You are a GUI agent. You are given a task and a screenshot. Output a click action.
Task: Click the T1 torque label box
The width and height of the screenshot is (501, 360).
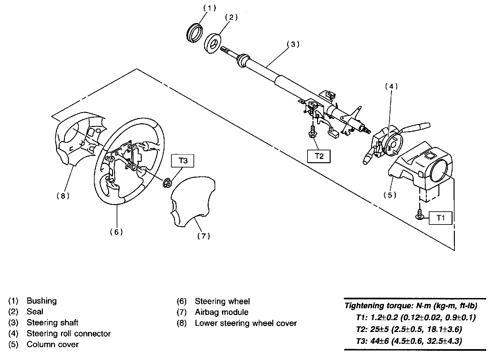[440, 218]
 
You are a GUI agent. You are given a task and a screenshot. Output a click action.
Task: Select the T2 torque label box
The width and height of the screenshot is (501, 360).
[318, 156]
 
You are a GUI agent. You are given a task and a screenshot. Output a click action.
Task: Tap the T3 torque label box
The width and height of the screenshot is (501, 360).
[183, 161]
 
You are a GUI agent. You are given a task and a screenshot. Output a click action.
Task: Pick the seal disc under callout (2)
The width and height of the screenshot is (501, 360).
[212, 43]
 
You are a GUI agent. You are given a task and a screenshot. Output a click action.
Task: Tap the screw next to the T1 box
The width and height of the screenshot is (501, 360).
[420, 215]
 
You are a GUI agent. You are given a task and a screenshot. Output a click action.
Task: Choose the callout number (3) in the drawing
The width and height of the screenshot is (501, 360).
[293, 44]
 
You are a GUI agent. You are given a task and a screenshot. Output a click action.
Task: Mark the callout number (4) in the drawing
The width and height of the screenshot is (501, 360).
[391, 86]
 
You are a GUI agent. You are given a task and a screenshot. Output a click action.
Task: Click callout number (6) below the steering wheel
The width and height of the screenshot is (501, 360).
[116, 232]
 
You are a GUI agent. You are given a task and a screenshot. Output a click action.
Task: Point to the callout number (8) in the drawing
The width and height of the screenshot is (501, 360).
[63, 196]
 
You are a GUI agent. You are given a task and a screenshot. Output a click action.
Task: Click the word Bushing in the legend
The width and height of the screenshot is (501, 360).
[42, 301]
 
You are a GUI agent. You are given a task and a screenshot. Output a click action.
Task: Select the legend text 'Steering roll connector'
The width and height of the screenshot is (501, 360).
[69, 334]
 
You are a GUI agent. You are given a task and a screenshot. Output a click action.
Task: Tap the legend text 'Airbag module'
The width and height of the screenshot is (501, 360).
[221, 312]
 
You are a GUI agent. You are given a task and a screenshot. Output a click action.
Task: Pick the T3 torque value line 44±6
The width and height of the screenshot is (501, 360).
[409, 341]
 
